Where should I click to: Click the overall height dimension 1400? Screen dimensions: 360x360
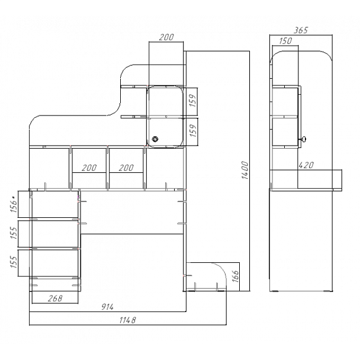tap(245, 170)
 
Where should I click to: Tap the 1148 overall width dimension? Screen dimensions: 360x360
tap(128, 320)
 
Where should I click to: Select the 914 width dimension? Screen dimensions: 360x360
tap(107, 307)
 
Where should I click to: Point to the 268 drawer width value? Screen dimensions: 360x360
tap(55, 298)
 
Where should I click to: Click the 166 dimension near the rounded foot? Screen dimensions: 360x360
tap(235, 276)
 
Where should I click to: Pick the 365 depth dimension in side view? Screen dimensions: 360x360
tap(301, 30)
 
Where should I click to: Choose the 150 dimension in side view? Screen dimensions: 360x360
tap(285, 41)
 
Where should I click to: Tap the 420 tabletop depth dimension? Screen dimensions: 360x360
tap(306, 165)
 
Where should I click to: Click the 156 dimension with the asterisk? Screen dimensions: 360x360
tap(14, 204)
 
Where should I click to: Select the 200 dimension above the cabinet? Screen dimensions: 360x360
tap(166, 37)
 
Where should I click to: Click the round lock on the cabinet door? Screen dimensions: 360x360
tap(156, 139)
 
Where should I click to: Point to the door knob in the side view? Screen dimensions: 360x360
tap(303, 139)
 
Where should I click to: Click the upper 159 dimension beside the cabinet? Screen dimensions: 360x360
tap(193, 100)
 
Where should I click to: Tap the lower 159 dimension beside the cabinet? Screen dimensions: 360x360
tap(193, 130)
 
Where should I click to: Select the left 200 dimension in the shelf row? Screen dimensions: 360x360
tap(89, 168)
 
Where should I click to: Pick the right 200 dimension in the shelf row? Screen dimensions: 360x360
tap(126, 168)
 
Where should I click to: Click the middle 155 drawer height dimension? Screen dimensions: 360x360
tap(14, 233)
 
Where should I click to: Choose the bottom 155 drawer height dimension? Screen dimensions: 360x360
tap(14, 262)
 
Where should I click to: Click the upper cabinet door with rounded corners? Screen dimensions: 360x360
tap(165, 101)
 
